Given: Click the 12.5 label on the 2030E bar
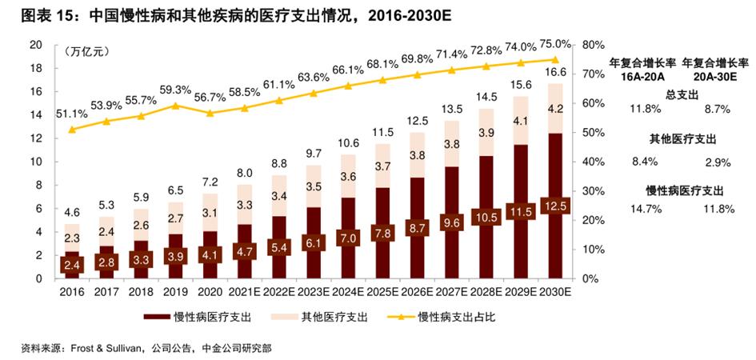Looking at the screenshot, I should [x=555, y=206].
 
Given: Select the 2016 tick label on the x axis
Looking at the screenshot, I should [x=71, y=292].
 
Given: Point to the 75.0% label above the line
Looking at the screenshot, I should [x=555, y=43].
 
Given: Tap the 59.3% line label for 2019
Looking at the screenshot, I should [x=175, y=90].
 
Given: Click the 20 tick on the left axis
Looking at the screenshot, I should [x=35, y=45].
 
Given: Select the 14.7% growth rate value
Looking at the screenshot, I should [x=646, y=210].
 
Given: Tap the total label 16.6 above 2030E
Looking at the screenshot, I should [x=555, y=73].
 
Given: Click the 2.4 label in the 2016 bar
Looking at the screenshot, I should [x=71, y=263].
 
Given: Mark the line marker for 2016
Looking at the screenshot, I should [x=72, y=129].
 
